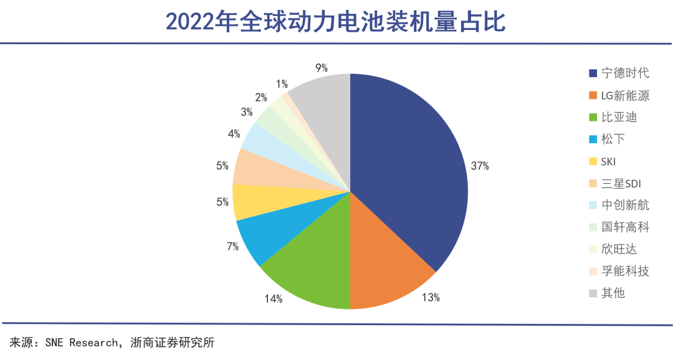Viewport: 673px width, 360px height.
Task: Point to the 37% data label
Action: point(480,166)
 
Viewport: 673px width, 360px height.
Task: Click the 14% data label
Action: point(274,299)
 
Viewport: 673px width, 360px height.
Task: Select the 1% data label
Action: point(282,84)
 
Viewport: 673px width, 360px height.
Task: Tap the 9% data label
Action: point(322,68)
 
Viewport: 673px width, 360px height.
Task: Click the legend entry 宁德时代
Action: point(625,73)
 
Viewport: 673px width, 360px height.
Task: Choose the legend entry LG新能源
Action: point(625,96)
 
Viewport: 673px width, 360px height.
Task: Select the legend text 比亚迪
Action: point(619,118)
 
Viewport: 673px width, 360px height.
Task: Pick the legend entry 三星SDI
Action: point(621,184)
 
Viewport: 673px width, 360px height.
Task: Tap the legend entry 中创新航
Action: point(625,206)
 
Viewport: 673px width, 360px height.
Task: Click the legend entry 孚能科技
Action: point(625,271)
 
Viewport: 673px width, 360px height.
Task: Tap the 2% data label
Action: point(261,98)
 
